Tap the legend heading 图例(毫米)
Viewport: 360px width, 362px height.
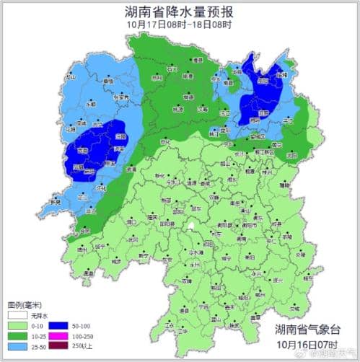[22, 305]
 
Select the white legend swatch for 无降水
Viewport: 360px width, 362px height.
[17, 315]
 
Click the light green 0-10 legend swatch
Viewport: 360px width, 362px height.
[17, 326]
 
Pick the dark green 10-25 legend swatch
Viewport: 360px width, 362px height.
[17, 336]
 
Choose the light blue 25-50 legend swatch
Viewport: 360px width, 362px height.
[17, 346]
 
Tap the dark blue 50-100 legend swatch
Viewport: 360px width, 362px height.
[57, 326]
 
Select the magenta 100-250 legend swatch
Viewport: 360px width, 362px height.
[57, 336]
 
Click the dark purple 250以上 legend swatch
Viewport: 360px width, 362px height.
[57, 346]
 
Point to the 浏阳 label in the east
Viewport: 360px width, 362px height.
[291, 154]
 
